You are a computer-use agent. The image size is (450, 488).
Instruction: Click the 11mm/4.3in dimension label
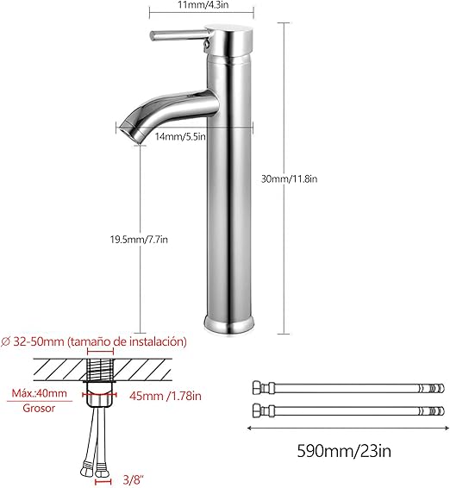click(x=203, y=4)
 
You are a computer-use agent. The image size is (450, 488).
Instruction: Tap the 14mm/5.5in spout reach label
click(x=180, y=136)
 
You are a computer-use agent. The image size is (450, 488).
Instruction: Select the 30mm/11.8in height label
click(x=289, y=179)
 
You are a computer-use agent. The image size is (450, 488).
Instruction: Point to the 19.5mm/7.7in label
click(x=139, y=240)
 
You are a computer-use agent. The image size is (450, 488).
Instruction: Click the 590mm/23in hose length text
click(x=344, y=451)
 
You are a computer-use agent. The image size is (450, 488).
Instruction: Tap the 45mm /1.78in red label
click(x=166, y=396)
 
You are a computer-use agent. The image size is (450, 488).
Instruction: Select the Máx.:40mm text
click(x=39, y=393)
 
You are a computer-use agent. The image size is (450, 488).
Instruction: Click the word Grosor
click(x=39, y=408)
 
